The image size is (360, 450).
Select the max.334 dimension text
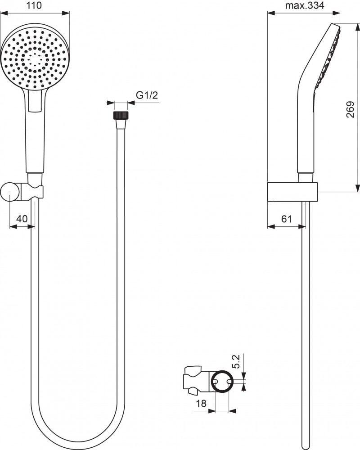305,6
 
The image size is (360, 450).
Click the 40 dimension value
22,219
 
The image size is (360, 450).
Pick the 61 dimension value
287,219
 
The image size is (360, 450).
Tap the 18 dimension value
202,404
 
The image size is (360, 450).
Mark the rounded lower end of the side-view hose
306,439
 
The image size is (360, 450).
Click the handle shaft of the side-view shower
305,130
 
